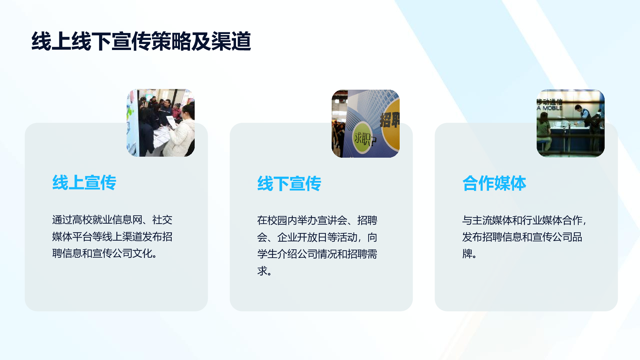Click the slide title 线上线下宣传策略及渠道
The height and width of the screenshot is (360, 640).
coord(141,41)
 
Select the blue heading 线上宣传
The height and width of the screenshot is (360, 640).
coord(84,183)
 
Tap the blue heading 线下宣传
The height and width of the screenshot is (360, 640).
coord(289,184)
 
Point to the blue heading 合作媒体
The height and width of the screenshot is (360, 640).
coord(494,183)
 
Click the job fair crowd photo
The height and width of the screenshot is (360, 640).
coord(161,123)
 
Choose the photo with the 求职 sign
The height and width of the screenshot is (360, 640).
coord(366,123)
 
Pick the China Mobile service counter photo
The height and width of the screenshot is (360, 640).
coord(571,123)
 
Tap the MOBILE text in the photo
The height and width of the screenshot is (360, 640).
coord(552,108)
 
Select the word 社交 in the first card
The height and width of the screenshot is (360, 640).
coord(162,220)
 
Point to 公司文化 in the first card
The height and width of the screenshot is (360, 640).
coord(132,254)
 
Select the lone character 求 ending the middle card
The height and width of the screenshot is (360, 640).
coord(262,271)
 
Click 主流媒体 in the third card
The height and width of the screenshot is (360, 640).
coord(492,220)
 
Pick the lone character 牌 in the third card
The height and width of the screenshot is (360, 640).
coord(467,254)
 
